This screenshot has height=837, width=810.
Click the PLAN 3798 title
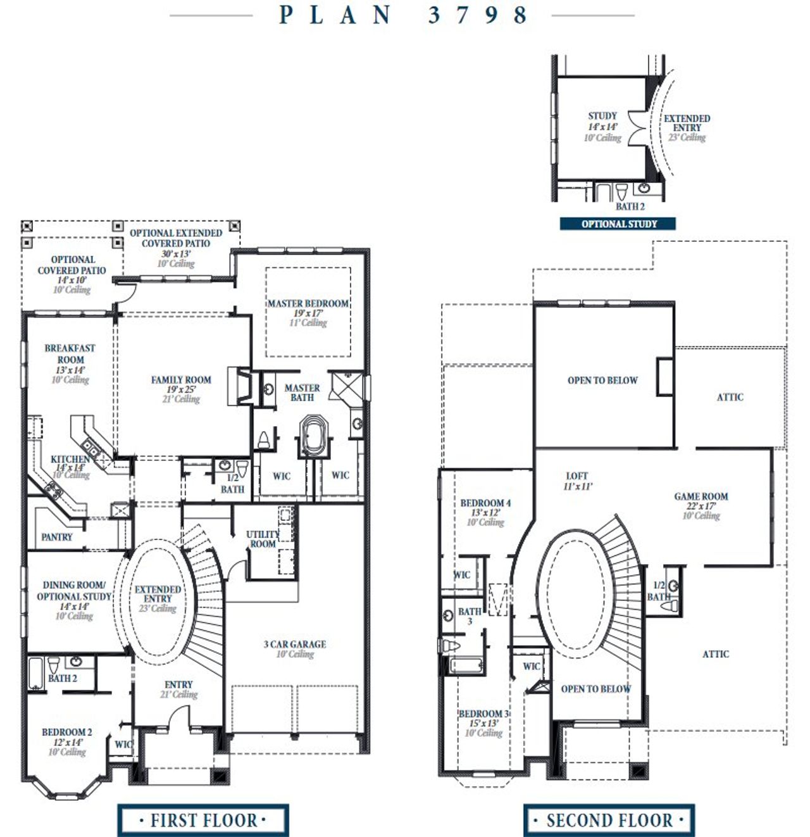[x=403, y=15]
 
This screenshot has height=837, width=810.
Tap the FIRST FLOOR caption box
[x=203, y=821]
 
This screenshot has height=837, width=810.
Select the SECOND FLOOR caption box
[x=609, y=821]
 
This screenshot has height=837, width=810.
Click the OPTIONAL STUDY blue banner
[x=618, y=223]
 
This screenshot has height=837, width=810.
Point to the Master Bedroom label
[x=308, y=304]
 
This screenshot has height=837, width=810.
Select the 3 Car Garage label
[x=295, y=644]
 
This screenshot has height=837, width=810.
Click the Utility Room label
[x=263, y=539]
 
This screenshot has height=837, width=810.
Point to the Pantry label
[x=57, y=537]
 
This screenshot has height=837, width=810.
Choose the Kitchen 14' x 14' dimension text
[x=70, y=468]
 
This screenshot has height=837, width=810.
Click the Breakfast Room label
[x=70, y=354]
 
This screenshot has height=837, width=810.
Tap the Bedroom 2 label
[x=67, y=732]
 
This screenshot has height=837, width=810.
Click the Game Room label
[x=701, y=496]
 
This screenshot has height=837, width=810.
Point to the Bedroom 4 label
[x=485, y=503]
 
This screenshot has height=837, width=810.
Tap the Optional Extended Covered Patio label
[x=176, y=238]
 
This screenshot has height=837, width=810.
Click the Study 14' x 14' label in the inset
[x=602, y=121]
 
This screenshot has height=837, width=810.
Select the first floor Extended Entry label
[x=158, y=594]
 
